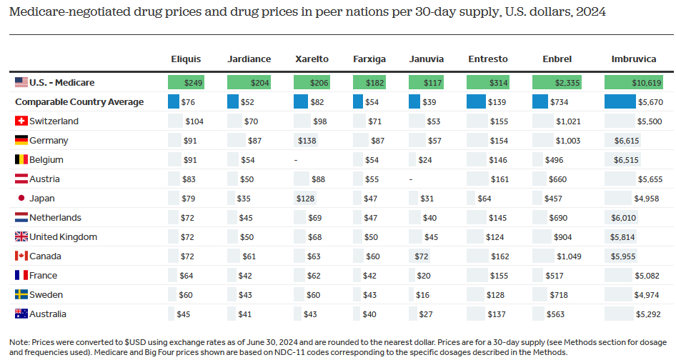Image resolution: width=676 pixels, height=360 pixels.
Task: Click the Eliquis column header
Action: [186, 59]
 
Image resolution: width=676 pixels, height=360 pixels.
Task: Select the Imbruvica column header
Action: [634, 59]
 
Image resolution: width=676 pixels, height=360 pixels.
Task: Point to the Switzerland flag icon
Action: [21, 121]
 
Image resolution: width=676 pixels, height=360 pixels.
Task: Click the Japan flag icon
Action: [21, 199]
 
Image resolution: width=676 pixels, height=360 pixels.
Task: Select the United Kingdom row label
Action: [63, 237]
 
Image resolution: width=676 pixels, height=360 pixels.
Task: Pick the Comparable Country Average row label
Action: [79, 102]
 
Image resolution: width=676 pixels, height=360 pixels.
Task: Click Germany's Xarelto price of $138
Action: [307, 141]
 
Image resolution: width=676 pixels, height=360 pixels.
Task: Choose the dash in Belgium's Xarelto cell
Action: [296, 160]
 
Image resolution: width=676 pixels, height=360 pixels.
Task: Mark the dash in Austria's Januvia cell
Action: [410, 179]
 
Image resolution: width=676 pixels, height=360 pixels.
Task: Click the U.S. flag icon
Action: [21, 83]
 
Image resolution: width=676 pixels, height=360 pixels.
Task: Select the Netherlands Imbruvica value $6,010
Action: [620, 218]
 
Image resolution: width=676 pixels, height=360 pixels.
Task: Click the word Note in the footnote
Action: [20, 341]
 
